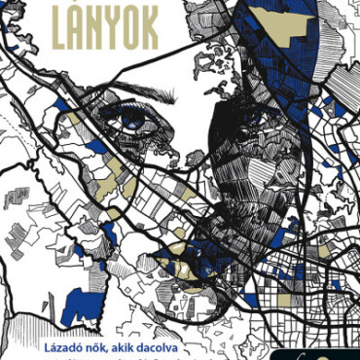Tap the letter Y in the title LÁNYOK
tap(104, 31)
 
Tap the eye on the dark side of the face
tap(255, 117)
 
